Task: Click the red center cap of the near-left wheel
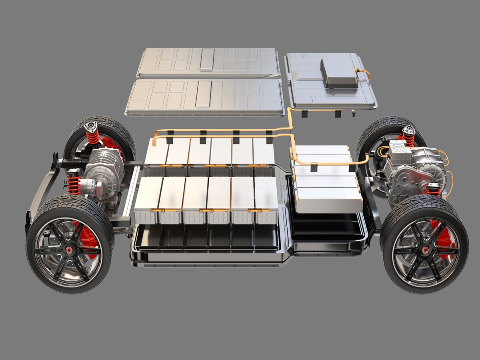tap(69, 250)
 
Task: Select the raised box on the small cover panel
tap(339, 72)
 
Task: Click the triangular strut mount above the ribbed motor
tap(91, 127)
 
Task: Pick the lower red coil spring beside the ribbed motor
tap(74, 183)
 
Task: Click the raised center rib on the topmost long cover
tap(207, 59)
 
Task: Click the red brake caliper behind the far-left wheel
tap(109, 144)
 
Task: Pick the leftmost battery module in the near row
tap(148, 200)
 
